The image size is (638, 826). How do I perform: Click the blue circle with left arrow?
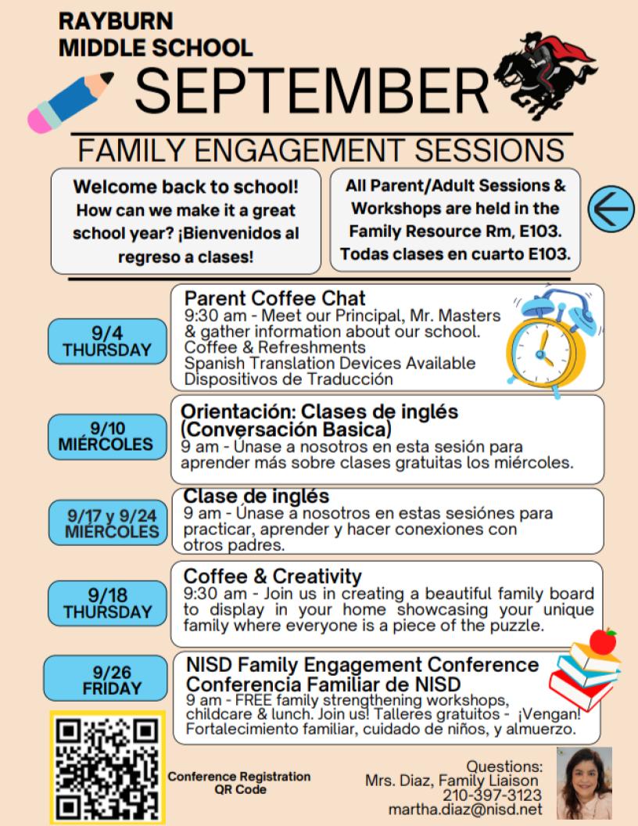pos(611,209)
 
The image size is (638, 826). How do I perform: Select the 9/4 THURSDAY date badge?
pos(107,342)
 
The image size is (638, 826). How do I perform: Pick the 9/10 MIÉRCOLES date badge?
pos(106,436)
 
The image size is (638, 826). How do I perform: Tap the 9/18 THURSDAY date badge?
pos(107,602)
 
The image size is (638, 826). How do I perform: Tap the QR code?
pos(107,767)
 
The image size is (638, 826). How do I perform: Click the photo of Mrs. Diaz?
pos(584,783)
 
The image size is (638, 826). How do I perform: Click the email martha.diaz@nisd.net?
pos(467,809)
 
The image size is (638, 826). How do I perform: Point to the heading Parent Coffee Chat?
pos(275,298)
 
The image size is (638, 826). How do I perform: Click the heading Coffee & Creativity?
pos(273,576)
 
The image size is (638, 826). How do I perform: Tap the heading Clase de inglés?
pos(256,497)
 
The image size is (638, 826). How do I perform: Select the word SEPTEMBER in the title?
pos(311,91)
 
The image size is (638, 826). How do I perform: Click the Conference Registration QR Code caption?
pos(239,783)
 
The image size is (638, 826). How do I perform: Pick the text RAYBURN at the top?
pos(116,21)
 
